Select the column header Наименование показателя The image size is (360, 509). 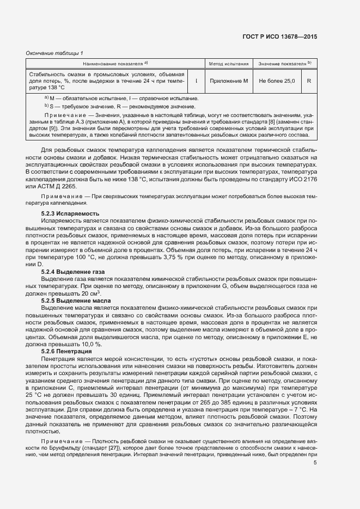(x=115, y=64)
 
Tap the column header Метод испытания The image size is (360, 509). (x=229, y=64)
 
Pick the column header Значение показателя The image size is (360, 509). (x=284, y=64)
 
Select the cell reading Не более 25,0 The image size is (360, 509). (x=277, y=81)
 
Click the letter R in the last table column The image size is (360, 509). (x=309, y=81)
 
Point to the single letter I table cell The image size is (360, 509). (x=196, y=81)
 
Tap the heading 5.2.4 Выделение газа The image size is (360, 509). (x=74, y=271)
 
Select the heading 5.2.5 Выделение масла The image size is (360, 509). (x=76, y=301)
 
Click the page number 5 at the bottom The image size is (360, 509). (x=315, y=463)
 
